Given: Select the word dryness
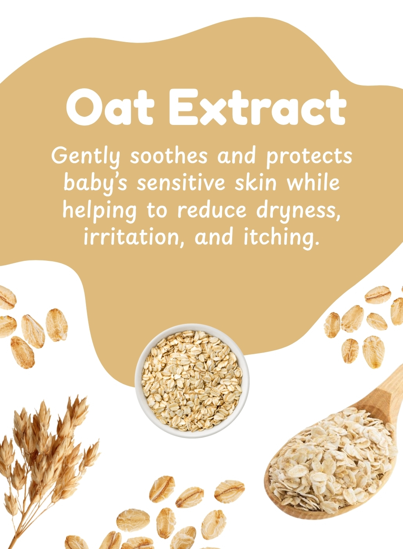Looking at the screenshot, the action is pos(298,211).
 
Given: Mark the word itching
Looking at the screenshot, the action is pos(282,238).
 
